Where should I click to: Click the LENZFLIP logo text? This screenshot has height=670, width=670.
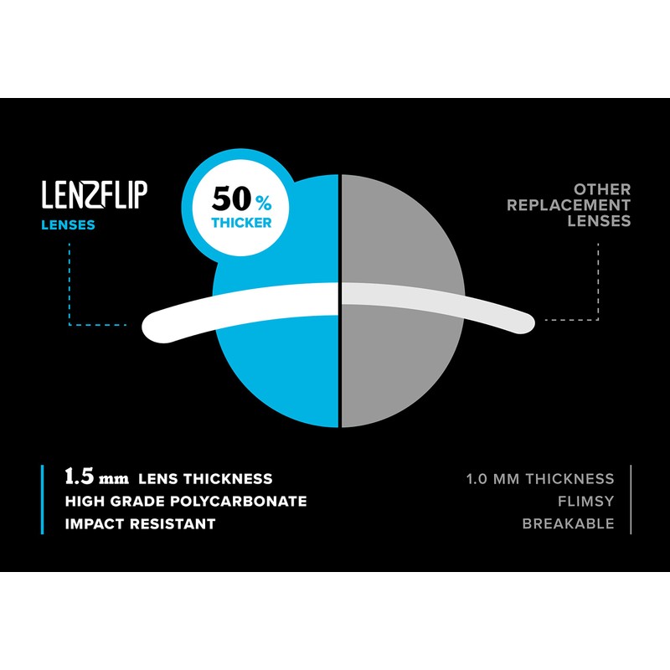tap(95, 194)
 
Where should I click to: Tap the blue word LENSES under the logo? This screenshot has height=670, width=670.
tap(69, 224)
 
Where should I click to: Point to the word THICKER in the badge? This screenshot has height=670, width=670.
tap(241, 224)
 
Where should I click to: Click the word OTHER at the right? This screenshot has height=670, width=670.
tap(603, 189)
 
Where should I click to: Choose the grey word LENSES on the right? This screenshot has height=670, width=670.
tap(599, 221)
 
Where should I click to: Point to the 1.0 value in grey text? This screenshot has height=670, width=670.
tap(478, 479)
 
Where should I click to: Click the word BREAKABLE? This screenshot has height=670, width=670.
tap(568, 523)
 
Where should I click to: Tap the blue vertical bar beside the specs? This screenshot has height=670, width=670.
tap(43, 500)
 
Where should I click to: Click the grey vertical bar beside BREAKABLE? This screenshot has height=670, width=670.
tap(631, 500)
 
